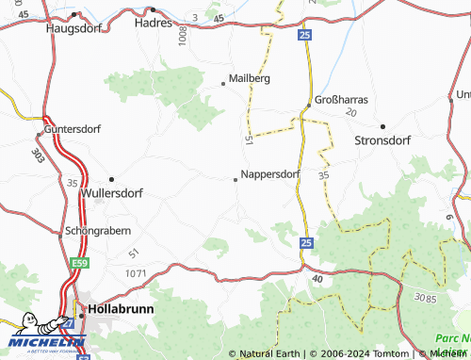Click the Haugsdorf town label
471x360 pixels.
74,28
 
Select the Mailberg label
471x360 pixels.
251,79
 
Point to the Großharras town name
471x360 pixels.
342,99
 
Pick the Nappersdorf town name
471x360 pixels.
270,174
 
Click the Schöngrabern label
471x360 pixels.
98,230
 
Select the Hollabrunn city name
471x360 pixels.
120,308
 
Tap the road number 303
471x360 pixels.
38,154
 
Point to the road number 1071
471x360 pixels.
136,272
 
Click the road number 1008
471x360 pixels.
182,38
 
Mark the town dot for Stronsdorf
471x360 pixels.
382,125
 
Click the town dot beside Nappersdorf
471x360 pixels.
235,179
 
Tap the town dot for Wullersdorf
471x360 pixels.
111,178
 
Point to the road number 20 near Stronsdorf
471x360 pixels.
352,112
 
